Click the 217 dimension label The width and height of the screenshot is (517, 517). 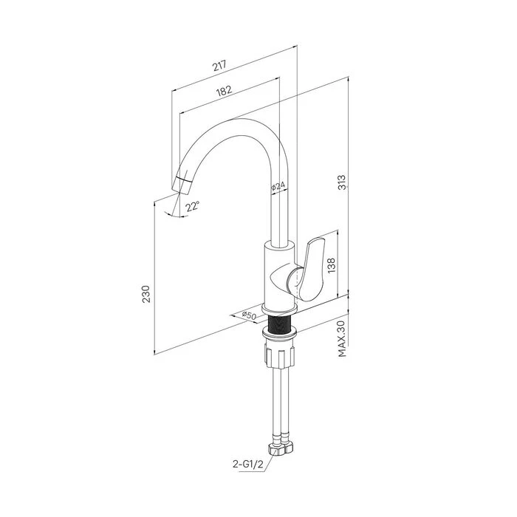219,65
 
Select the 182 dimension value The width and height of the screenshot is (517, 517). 225,90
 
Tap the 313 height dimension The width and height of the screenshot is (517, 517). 343,182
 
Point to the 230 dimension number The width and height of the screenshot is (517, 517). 146,294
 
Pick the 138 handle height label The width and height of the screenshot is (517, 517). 332,264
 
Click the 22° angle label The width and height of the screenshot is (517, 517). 192,206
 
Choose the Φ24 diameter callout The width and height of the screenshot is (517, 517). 278,186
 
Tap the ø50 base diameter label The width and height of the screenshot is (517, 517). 249,315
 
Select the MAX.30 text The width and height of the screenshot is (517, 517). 342,339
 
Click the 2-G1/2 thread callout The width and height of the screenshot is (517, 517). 248,465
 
